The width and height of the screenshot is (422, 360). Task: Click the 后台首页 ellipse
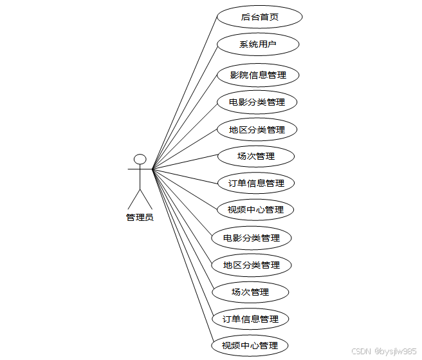point(259,17)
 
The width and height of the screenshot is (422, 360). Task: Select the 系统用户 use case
point(257,44)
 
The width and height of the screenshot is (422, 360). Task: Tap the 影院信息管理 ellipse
point(258,75)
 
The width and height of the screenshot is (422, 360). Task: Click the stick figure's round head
point(140,159)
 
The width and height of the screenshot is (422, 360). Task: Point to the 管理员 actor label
point(140,217)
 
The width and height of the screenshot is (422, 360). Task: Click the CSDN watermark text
point(362,351)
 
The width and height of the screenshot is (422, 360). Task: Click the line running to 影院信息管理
point(187,120)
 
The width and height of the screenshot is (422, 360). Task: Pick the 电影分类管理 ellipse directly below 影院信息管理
point(257,102)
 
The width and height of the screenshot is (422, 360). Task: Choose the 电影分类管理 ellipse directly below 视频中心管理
point(252,238)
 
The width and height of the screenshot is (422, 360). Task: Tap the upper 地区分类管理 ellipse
point(257,129)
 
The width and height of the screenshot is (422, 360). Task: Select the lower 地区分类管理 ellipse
point(252,265)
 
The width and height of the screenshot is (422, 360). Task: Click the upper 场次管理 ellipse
point(256,156)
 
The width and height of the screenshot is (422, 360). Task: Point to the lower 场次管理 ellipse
point(250,292)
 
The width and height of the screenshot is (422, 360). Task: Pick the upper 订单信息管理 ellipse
point(256,184)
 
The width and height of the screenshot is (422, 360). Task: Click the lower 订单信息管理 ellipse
point(250,319)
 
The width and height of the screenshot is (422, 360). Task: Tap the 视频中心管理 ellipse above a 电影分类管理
point(255,210)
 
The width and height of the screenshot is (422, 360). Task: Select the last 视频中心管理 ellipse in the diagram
point(250,346)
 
